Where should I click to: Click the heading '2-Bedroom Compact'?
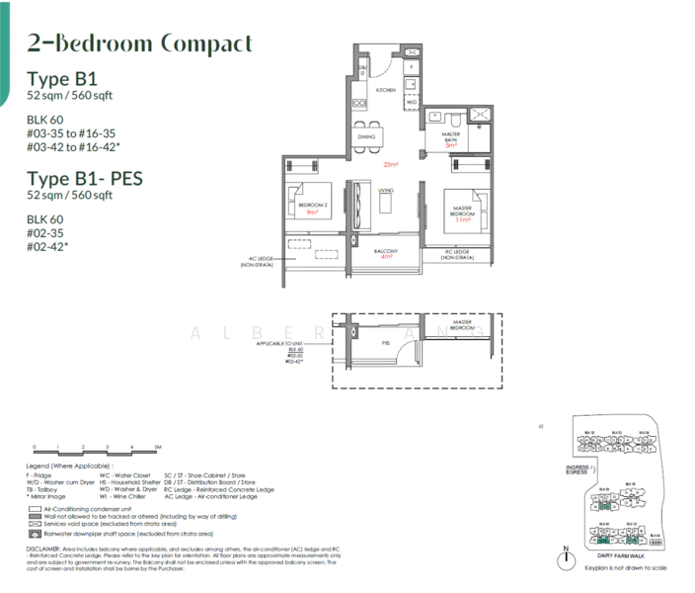pyautogui.click(x=139, y=43)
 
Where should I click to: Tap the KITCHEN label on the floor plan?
pyautogui.click(x=385, y=90)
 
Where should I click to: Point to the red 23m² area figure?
pyautogui.click(x=392, y=164)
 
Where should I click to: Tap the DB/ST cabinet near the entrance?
pyautogui.click(x=362, y=69)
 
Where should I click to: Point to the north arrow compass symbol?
pyautogui.click(x=566, y=559)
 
